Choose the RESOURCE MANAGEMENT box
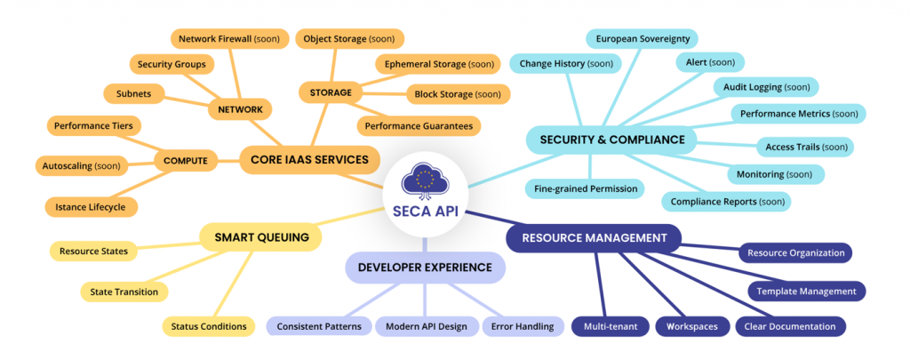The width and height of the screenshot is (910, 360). coord(594,238)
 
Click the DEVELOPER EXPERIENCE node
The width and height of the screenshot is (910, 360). coord(425,268)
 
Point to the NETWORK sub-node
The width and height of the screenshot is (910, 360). coord(240,109)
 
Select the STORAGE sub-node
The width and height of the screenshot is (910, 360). coord(331,92)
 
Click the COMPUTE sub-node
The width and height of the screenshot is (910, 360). coord(186,161)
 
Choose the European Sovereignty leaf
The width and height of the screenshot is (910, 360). coord(643,39)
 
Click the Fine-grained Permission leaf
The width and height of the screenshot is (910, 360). coord(584,188)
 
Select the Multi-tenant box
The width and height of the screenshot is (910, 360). coord(609,326)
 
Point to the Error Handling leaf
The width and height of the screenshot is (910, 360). coord(522,326)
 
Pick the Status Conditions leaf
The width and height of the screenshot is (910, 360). coord(208,326)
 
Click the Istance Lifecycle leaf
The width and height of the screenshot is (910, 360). coord(92,207)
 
